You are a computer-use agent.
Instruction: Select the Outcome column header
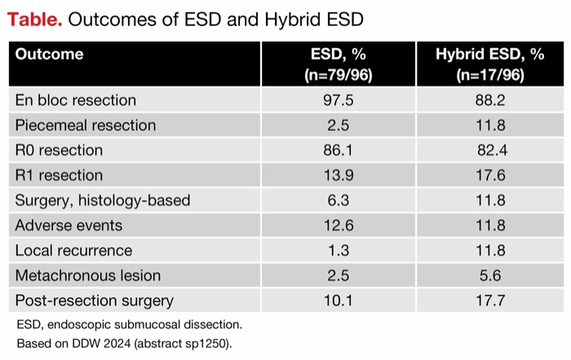[x=49, y=55]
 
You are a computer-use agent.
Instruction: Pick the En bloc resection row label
[x=76, y=100]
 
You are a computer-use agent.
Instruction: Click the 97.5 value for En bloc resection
[x=338, y=100]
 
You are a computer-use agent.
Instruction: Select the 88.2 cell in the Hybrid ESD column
[x=489, y=100]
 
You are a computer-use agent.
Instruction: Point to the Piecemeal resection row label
[x=86, y=125]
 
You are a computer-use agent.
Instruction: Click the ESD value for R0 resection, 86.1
[x=338, y=150]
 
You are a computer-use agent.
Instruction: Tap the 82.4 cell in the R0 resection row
[x=489, y=150]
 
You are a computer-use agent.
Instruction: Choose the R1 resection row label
[x=60, y=176]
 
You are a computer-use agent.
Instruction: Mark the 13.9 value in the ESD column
[x=338, y=176]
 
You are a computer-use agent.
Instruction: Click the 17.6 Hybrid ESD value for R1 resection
[x=489, y=176]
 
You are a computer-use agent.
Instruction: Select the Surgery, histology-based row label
[x=103, y=200]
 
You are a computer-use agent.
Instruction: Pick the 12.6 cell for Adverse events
[x=338, y=225]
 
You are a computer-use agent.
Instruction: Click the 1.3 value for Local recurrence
[x=338, y=251]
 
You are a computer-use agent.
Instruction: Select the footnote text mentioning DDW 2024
[x=124, y=343]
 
